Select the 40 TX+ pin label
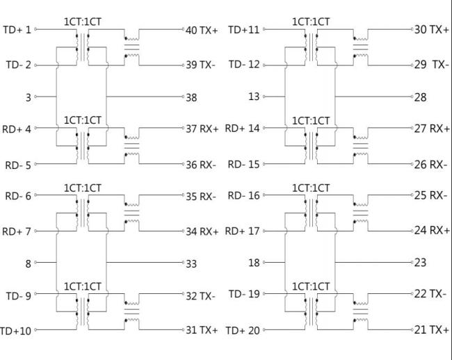pyautogui.click(x=202, y=30)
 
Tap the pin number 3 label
pyautogui.click(x=29, y=98)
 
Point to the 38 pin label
pyautogui.click(x=191, y=98)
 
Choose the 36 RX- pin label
pyautogui.click(x=202, y=165)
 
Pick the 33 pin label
pyautogui.click(x=191, y=264)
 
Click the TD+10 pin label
pyautogui.click(x=15, y=331)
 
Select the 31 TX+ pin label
pyautogui.click(x=202, y=329)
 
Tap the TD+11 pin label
pyautogui.click(x=243, y=30)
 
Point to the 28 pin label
pyautogui.click(x=420, y=98)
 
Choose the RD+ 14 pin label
pyautogui.click(x=242, y=129)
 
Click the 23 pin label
pyautogui.click(x=420, y=263)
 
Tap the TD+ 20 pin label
pyautogui.click(x=242, y=331)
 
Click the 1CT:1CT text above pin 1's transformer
pyautogui.click(x=83, y=22)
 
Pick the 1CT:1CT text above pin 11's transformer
pyautogui.click(x=311, y=22)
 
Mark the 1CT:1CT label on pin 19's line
pyautogui.click(x=311, y=286)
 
